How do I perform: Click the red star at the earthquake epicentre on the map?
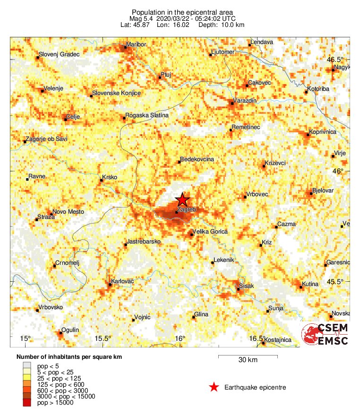[x=182, y=199]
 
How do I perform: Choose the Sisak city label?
[x=247, y=286]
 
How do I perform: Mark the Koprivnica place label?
[x=323, y=132]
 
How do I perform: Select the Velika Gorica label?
[x=210, y=232]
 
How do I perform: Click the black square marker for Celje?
[x=66, y=119]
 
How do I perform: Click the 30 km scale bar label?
[x=248, y=360]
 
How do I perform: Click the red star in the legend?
[x=214, y=388]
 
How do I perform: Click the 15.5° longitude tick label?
[x=103, y=338]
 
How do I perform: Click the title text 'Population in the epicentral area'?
[x=182, y=12]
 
